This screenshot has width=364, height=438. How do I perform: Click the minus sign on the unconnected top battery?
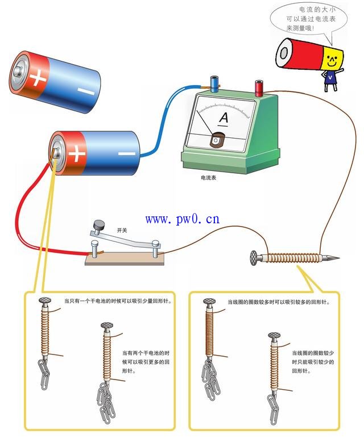[86, 91]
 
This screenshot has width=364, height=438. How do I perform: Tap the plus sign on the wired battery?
[76, 152]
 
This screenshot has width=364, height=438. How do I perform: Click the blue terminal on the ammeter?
[215, 84]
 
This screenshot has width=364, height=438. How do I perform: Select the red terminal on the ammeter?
[259, 87]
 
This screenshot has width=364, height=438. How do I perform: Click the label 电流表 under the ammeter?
[209, 178]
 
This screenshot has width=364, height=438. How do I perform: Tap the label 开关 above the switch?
[122, 231]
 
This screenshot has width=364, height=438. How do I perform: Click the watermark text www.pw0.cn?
[182, 219]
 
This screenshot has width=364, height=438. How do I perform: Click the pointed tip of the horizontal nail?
[336, 258]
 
